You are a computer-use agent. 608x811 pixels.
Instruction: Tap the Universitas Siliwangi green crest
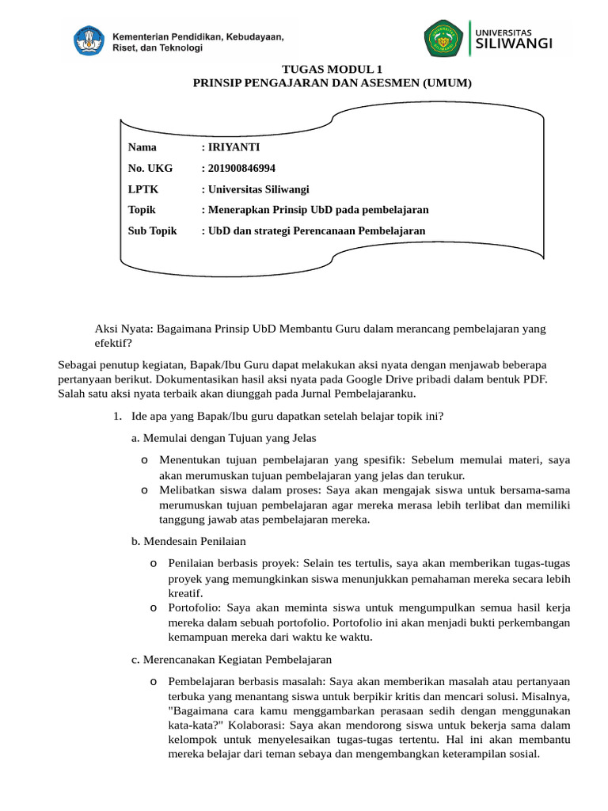443,39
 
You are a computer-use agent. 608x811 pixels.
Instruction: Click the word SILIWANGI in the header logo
515,44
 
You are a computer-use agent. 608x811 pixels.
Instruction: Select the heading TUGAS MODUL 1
332,70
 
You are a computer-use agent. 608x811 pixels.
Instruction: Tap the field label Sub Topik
152,230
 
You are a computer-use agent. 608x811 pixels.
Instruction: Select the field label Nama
142,147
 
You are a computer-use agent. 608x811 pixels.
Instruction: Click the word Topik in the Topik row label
142,210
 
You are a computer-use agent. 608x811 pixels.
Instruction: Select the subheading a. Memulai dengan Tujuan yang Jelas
224,438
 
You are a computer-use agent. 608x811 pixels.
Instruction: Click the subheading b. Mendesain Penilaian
188,541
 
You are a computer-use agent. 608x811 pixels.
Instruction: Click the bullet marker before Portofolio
153,607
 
